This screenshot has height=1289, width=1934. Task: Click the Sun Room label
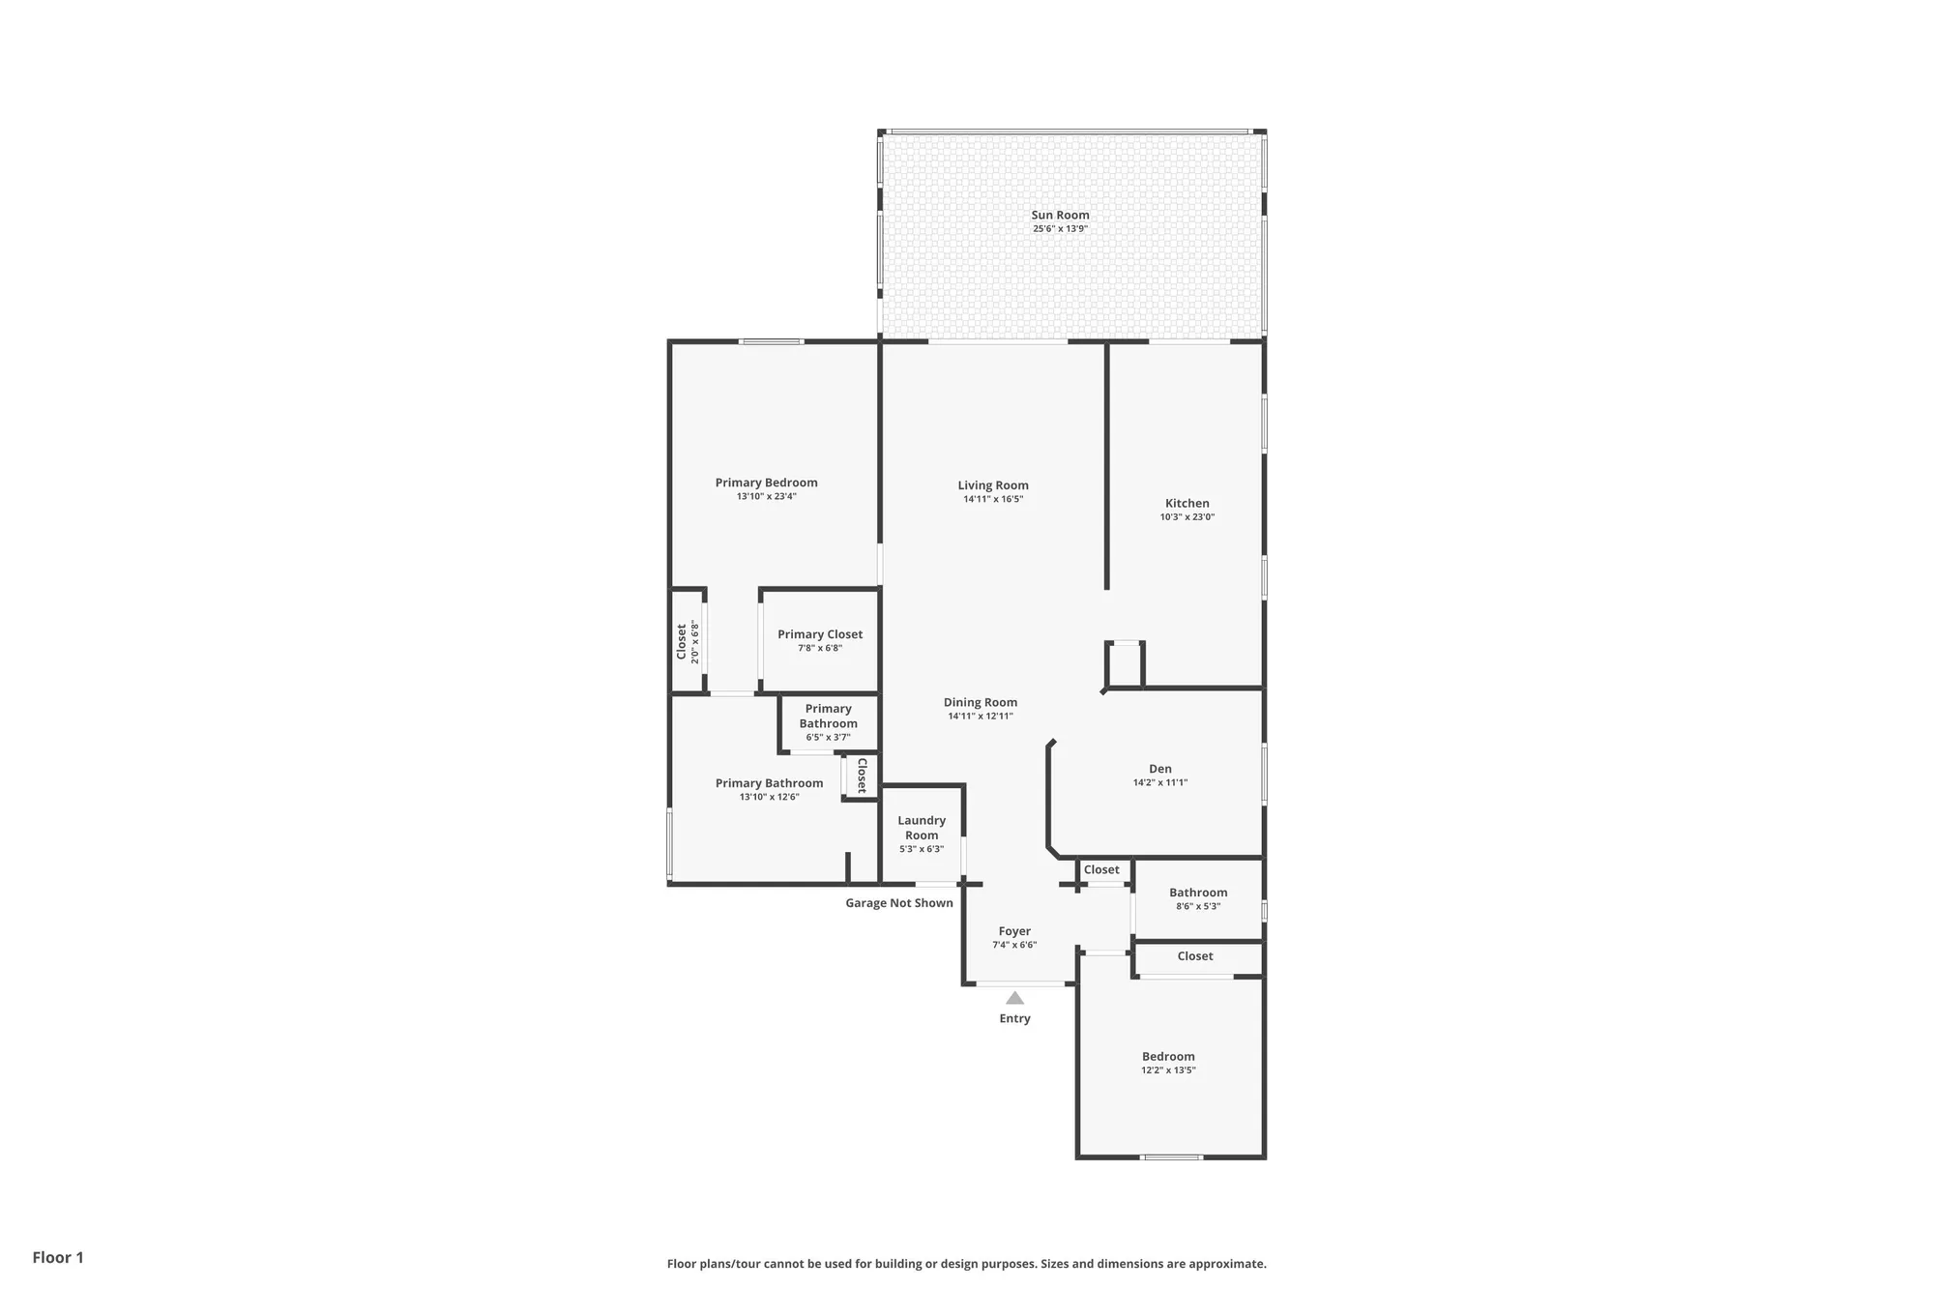coord(1060,216)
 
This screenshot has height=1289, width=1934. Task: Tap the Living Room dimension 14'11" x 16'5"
coord(993,500)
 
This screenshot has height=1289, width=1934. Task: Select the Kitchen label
coord(1187,503)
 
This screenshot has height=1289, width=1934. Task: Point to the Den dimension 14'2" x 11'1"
coord(1159,783)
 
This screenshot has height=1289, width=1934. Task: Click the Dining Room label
coord(981,703)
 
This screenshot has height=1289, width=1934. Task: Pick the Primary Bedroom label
coord(766,483)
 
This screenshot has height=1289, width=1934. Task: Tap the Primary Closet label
coord(820,634)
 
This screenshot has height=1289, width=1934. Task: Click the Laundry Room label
coord(922,828)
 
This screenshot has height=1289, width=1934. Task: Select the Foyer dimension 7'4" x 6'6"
coord(1014,946)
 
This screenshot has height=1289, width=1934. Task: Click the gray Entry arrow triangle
coord(1014,999)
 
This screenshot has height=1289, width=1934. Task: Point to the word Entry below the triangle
coord(1014,1019)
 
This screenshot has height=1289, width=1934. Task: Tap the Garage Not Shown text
coord(899,903)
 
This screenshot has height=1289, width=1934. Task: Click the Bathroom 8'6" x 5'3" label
coord(1198,894)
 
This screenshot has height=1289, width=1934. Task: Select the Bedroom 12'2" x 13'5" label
coord(1168,1057)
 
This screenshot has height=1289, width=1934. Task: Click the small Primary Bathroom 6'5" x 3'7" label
coord(828,717)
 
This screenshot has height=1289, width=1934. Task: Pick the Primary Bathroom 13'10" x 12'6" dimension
coord(769,798)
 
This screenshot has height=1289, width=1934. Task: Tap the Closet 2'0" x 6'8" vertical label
coord(682,641)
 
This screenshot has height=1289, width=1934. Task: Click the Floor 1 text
coord(58,1257)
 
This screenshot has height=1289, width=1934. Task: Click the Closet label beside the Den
coord(1101,870)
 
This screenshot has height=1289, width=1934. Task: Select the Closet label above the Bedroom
coord(1195,956)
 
